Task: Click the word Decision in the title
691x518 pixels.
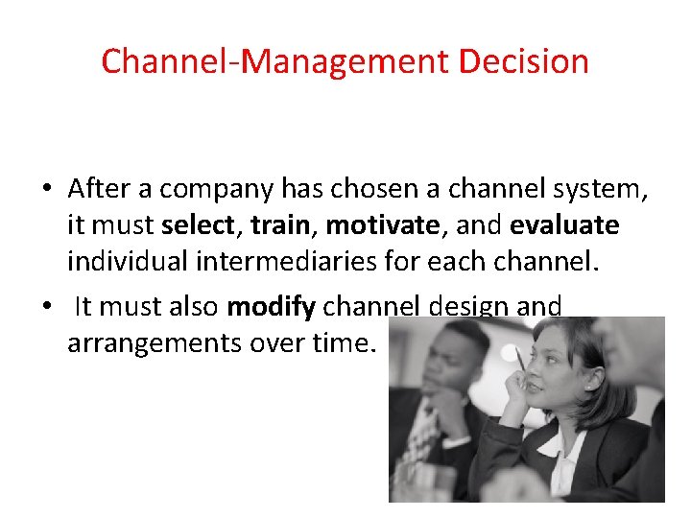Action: click(523, 61)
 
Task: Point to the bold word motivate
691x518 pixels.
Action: click(379, 225)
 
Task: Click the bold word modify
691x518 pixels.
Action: click(271, 307)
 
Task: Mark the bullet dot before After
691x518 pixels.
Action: click(46, 190)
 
